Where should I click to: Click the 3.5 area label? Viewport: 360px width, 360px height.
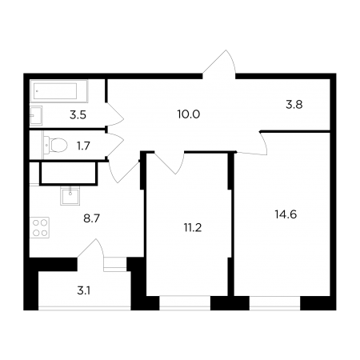coord(78,115)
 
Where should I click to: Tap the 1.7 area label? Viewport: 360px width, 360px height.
coord(83,146)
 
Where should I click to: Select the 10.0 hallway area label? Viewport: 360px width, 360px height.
coord(189,114)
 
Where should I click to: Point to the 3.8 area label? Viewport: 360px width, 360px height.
coord(294,105)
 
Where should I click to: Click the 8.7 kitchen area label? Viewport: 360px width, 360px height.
coord(91,218)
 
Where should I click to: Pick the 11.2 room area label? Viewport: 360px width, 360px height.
coord(193,228)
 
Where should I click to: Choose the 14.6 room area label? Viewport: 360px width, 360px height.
coord(286,214)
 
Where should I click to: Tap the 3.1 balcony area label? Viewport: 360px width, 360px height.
coord(84,290)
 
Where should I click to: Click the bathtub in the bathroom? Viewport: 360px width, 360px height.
coord(59,91)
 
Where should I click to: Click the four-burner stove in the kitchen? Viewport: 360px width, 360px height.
coord(39,227)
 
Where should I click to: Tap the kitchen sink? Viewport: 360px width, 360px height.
coord(70,195)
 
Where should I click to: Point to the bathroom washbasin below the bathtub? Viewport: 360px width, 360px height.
coord(36,115)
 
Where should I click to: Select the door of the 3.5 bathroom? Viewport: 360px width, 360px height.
coord(115,114)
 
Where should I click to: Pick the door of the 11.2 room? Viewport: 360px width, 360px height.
coord(169,163)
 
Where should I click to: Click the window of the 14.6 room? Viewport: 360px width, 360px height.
coord(275,303)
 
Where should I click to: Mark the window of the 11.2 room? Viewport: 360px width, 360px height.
coord(185,303)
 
